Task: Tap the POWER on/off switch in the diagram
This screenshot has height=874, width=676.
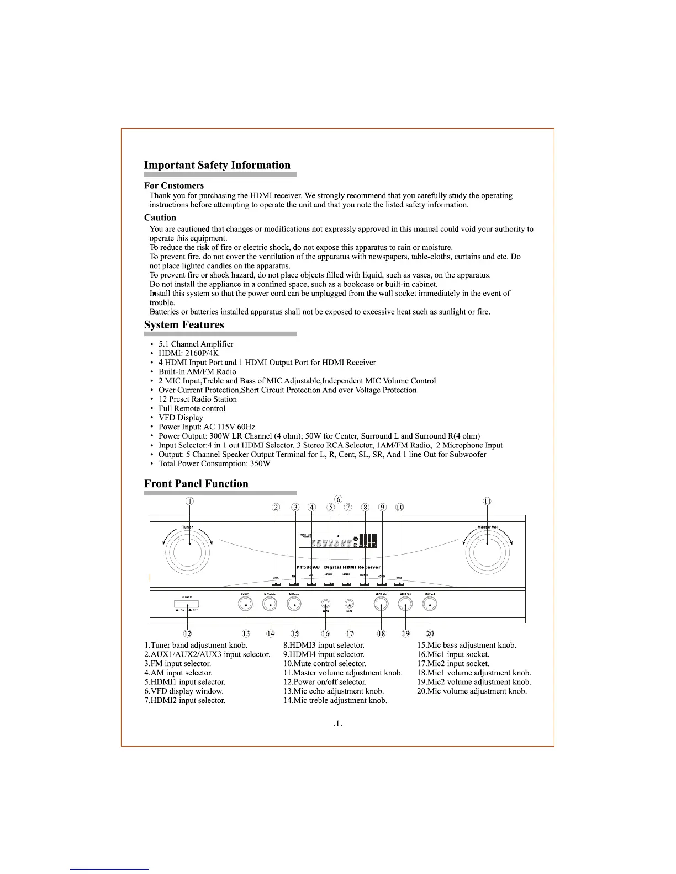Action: pos(187,605)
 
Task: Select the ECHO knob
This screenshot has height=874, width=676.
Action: pos(246,605)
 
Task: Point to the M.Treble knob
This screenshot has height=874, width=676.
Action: pos(270,605)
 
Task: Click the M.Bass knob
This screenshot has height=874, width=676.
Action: pos(294,605)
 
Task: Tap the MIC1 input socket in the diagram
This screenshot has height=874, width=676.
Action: pos(326,604)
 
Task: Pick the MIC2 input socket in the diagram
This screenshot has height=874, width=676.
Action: pos(349,604)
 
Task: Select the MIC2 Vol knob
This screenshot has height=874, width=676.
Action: pos(406,605)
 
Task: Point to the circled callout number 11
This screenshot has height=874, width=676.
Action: pos(487,501)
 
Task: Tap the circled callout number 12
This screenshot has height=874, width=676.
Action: pos(188,633)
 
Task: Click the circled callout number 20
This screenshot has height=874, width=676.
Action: pos(430,633)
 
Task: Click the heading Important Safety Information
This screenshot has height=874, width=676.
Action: pos(217,165)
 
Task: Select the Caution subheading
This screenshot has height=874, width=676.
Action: pos(160,217)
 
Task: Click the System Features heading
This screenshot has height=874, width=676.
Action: pos(184,324)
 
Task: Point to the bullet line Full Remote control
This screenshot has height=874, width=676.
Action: pos(192,408)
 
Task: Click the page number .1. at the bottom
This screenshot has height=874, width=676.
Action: pos(338,723)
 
